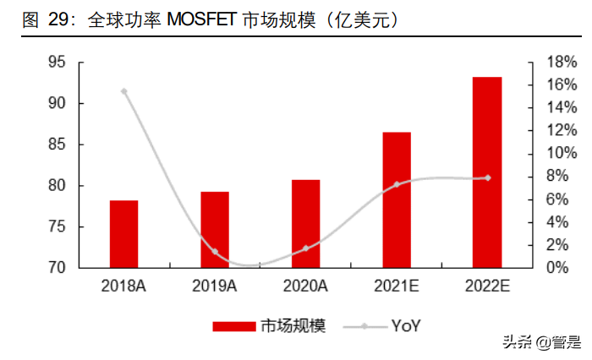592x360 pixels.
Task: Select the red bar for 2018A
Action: point(123,234)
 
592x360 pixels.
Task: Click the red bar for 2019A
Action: point(214,230)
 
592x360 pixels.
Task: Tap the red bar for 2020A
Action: point(305,224)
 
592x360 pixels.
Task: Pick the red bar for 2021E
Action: point(397,199)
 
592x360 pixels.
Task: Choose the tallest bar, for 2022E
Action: point(487,172)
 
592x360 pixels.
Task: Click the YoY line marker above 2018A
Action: point(124,91)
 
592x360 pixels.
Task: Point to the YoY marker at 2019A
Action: point(215,252)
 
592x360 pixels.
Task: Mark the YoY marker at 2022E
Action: point(488,177)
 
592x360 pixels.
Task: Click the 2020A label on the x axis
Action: point(305,286)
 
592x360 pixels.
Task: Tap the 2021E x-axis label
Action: point(397,286)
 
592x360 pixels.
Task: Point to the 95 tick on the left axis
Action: point(58,63)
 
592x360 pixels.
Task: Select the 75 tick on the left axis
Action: point(58,226)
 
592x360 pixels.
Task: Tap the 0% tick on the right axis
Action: point(542,268)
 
